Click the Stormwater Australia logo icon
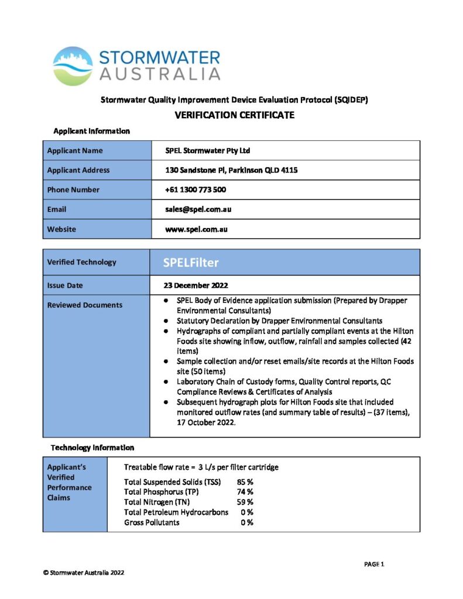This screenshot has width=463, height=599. pyautogui.click(x=73, y=66)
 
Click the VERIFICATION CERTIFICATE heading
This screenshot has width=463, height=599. pyautogui.click(x=234, y=115)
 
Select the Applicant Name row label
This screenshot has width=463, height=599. pyautogui.click(x=74, y=150)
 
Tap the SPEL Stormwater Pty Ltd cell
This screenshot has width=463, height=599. pyautogui.click(x=208, y=150)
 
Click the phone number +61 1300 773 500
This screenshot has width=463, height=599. pyautogui.click(x=196, y=190)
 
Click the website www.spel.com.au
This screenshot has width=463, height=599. pyautogui.click(x=196, y=229)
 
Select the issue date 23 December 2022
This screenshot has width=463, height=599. pyautogui.click(x=196, y=285)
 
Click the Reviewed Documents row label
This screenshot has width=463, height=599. pyautogui.click(x=84, y=305)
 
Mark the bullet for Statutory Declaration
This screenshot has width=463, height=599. pyautogui.click(x=167, y=321)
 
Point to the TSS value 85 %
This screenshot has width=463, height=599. pyautogui.click(x=245, y=482)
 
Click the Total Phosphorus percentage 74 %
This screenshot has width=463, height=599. pyautogui.click(x=245, y=492)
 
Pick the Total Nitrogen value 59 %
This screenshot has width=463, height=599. pyautogui.click(x=245, y=502)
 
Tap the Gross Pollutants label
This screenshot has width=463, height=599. pyautogui.click(x=152, y=522)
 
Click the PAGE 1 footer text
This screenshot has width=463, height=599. pyautogui.click(x=374, y=564)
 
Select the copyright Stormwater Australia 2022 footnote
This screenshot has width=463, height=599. pyautogui.click(x=83, y=572)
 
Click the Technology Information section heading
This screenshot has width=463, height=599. pyautogui.click(x=92, y=447)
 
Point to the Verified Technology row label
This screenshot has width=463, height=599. pyautogui.click(x=81, y=262)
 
